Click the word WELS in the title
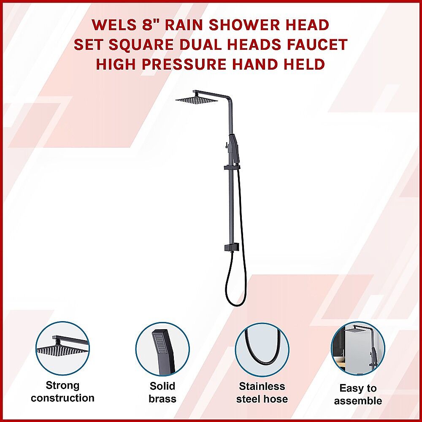click(114, 25)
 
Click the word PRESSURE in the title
click(184, 64)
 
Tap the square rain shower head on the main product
click(196, 100)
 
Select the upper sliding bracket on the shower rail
click(232, 168)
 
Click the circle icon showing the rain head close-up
click(63, 349)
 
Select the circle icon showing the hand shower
click(162, 349)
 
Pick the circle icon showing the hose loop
click(262, 349)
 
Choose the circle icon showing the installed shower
click(358, 349)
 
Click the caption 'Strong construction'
click(63, 392)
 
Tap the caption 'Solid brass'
click(162, 392)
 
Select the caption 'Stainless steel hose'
click(262, 392)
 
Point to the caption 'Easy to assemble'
click(358, 394)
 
